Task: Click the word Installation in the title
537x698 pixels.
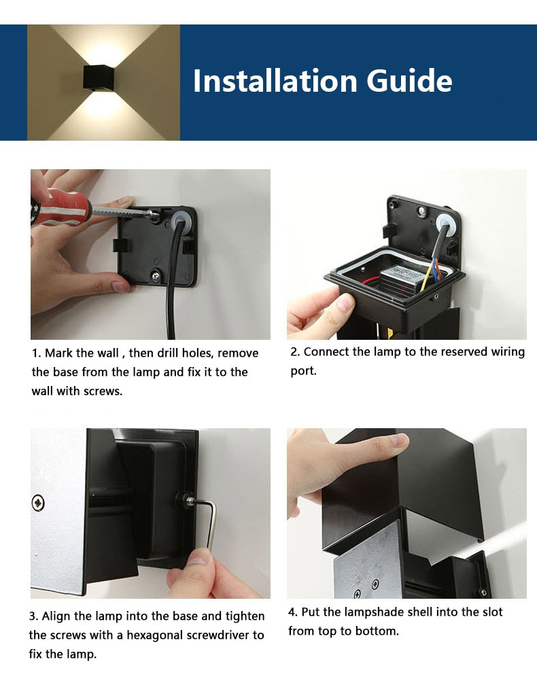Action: tap(275, 81)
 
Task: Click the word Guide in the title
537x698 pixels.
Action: tap(409, 81)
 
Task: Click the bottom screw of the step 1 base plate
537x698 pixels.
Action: tap(156, 275)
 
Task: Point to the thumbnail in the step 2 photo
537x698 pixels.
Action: tap(344, 304)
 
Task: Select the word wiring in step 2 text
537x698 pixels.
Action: tap(508, 352)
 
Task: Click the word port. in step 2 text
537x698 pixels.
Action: tap(304, 371)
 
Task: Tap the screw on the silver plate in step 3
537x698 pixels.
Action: tap(38, 503)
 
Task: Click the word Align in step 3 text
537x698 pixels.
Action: tap(56, 616)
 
